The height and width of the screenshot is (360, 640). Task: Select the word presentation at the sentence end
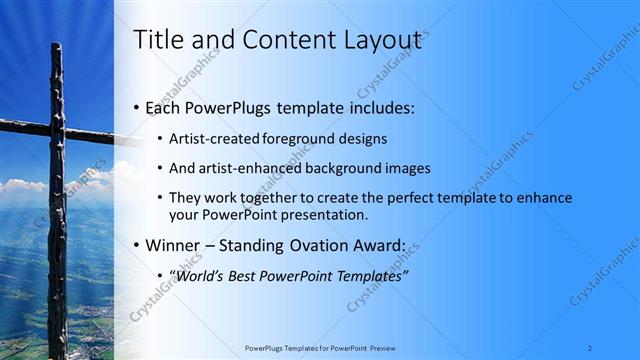coord(330,214)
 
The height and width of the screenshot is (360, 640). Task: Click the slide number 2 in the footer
coord(590,348)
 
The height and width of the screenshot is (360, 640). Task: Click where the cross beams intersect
coord(57,127)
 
